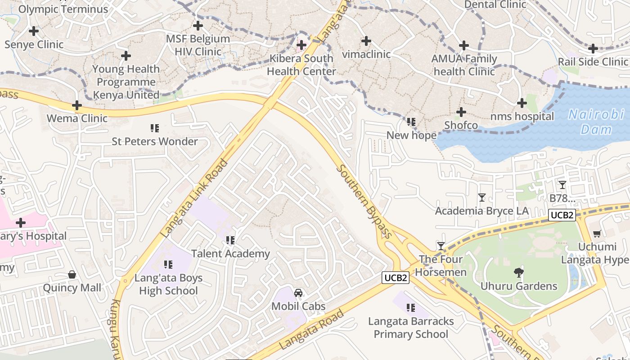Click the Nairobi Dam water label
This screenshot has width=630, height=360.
pos(596,121)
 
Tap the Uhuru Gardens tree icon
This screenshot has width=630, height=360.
pos(518,272)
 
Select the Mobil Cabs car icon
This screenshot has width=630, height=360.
pos(298,293)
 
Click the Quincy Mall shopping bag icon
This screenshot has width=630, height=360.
pos(72,274)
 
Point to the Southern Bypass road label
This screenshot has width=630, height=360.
pos(364,201)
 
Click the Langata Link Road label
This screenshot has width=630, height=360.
pos(194,198)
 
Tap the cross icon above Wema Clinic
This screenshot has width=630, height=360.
pos(77,105)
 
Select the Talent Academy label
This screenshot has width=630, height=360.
pos(230,254)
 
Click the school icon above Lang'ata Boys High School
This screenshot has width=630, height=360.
pos(168,264)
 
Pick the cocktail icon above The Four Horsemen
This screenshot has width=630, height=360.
pos(441,246)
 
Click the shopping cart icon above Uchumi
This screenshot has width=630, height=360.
pos(597,233)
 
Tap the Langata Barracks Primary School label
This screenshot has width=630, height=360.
pos(411,328)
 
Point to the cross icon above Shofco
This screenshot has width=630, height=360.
pos(461,112)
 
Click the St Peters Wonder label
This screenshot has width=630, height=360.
pos(155,141)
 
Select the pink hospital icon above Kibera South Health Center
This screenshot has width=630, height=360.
pos(301,45)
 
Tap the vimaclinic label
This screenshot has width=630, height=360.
pos(366,54)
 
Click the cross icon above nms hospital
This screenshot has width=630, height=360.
pos(522,103)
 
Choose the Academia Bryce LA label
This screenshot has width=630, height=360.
pos(481,211)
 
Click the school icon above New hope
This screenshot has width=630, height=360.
pos(411,121)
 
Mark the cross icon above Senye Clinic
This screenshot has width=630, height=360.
pos(34,31)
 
